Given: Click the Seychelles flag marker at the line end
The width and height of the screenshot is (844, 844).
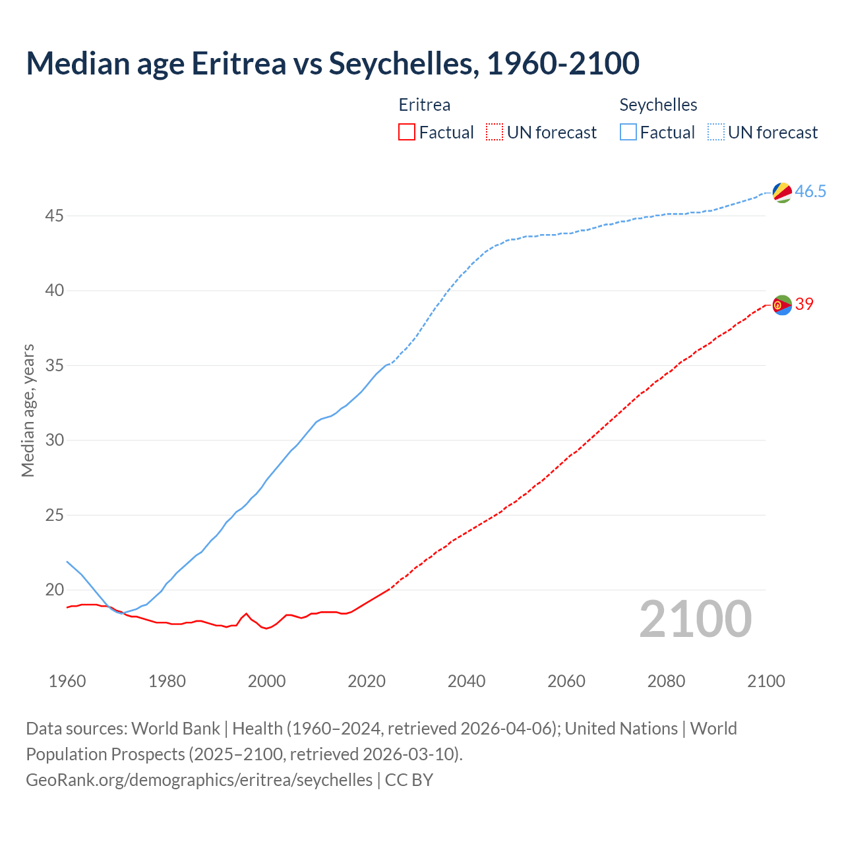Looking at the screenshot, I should tap(782, 193).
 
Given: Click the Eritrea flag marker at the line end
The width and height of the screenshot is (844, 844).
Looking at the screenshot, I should tap(782, 305).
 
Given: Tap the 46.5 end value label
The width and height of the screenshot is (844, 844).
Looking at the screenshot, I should tap(810, 192).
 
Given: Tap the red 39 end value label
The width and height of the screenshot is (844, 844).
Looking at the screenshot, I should tap(804, 304).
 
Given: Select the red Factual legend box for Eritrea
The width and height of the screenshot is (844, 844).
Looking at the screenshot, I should tap(407, 133).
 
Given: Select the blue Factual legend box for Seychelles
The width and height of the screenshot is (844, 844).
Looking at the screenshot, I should tap(628, 133).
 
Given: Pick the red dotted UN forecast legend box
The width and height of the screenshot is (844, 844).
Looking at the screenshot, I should tap(495, 133).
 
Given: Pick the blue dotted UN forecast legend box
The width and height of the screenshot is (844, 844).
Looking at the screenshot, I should tap(716, 133).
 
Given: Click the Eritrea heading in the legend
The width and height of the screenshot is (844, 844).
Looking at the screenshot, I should tap(425, 105).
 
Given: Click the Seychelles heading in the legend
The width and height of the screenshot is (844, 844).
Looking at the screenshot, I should tap(658, 105).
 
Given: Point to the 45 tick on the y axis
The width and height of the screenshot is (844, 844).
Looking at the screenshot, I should tap(55, 216).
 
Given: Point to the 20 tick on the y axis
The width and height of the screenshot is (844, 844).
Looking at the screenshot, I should tap(55, 589).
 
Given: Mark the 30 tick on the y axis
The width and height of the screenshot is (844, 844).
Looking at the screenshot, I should tap(55, 440).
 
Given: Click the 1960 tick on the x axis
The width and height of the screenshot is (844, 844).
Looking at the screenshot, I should tap(67, 681).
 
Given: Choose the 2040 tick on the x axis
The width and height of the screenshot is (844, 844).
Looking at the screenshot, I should tap(466, 681).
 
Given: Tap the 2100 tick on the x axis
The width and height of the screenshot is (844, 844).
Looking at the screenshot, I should tap(766, 681).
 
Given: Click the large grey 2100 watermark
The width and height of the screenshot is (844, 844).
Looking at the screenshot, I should tap(696, 618).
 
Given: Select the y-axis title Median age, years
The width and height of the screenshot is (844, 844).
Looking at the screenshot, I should tap(28, 410).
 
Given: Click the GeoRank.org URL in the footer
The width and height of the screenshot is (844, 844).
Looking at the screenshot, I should tap(199, 780).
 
